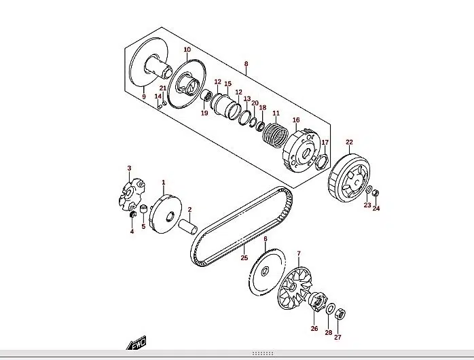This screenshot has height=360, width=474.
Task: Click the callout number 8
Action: (x=246, y=64)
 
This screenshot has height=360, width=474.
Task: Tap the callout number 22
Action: (x=349, y=142)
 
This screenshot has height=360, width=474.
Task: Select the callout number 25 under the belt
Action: (x=244, y=257)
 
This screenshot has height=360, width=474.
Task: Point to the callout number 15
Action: (x=228, y=84)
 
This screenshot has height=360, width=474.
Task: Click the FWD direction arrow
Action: (x=136, y=343)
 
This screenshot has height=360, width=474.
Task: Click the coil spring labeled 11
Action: (x=275, y=134)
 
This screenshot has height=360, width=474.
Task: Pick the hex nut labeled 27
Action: (x=341, y=316)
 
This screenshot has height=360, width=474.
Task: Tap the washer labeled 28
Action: (x=330, y=309)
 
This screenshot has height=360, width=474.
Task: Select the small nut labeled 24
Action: (x=375, y=193)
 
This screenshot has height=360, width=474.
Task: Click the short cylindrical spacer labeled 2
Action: (x=188, y=228)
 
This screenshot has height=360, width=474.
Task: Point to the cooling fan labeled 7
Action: (x=295, y=288)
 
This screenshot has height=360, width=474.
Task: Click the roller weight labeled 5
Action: (x=144, y=209)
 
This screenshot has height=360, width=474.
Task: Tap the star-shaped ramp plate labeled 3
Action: (x=131, y=194)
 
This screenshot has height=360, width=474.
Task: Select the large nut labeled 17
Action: (x=321, y=162)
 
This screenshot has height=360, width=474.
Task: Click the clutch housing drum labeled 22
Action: (x=349, y=178)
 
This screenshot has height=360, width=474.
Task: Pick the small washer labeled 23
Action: (x=369, y=190)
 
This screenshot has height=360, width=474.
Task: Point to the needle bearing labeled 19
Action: (x=206, y=96)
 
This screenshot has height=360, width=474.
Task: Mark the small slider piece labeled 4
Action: (x=132, y=215)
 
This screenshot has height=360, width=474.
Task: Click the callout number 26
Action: (x=314, y=328)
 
